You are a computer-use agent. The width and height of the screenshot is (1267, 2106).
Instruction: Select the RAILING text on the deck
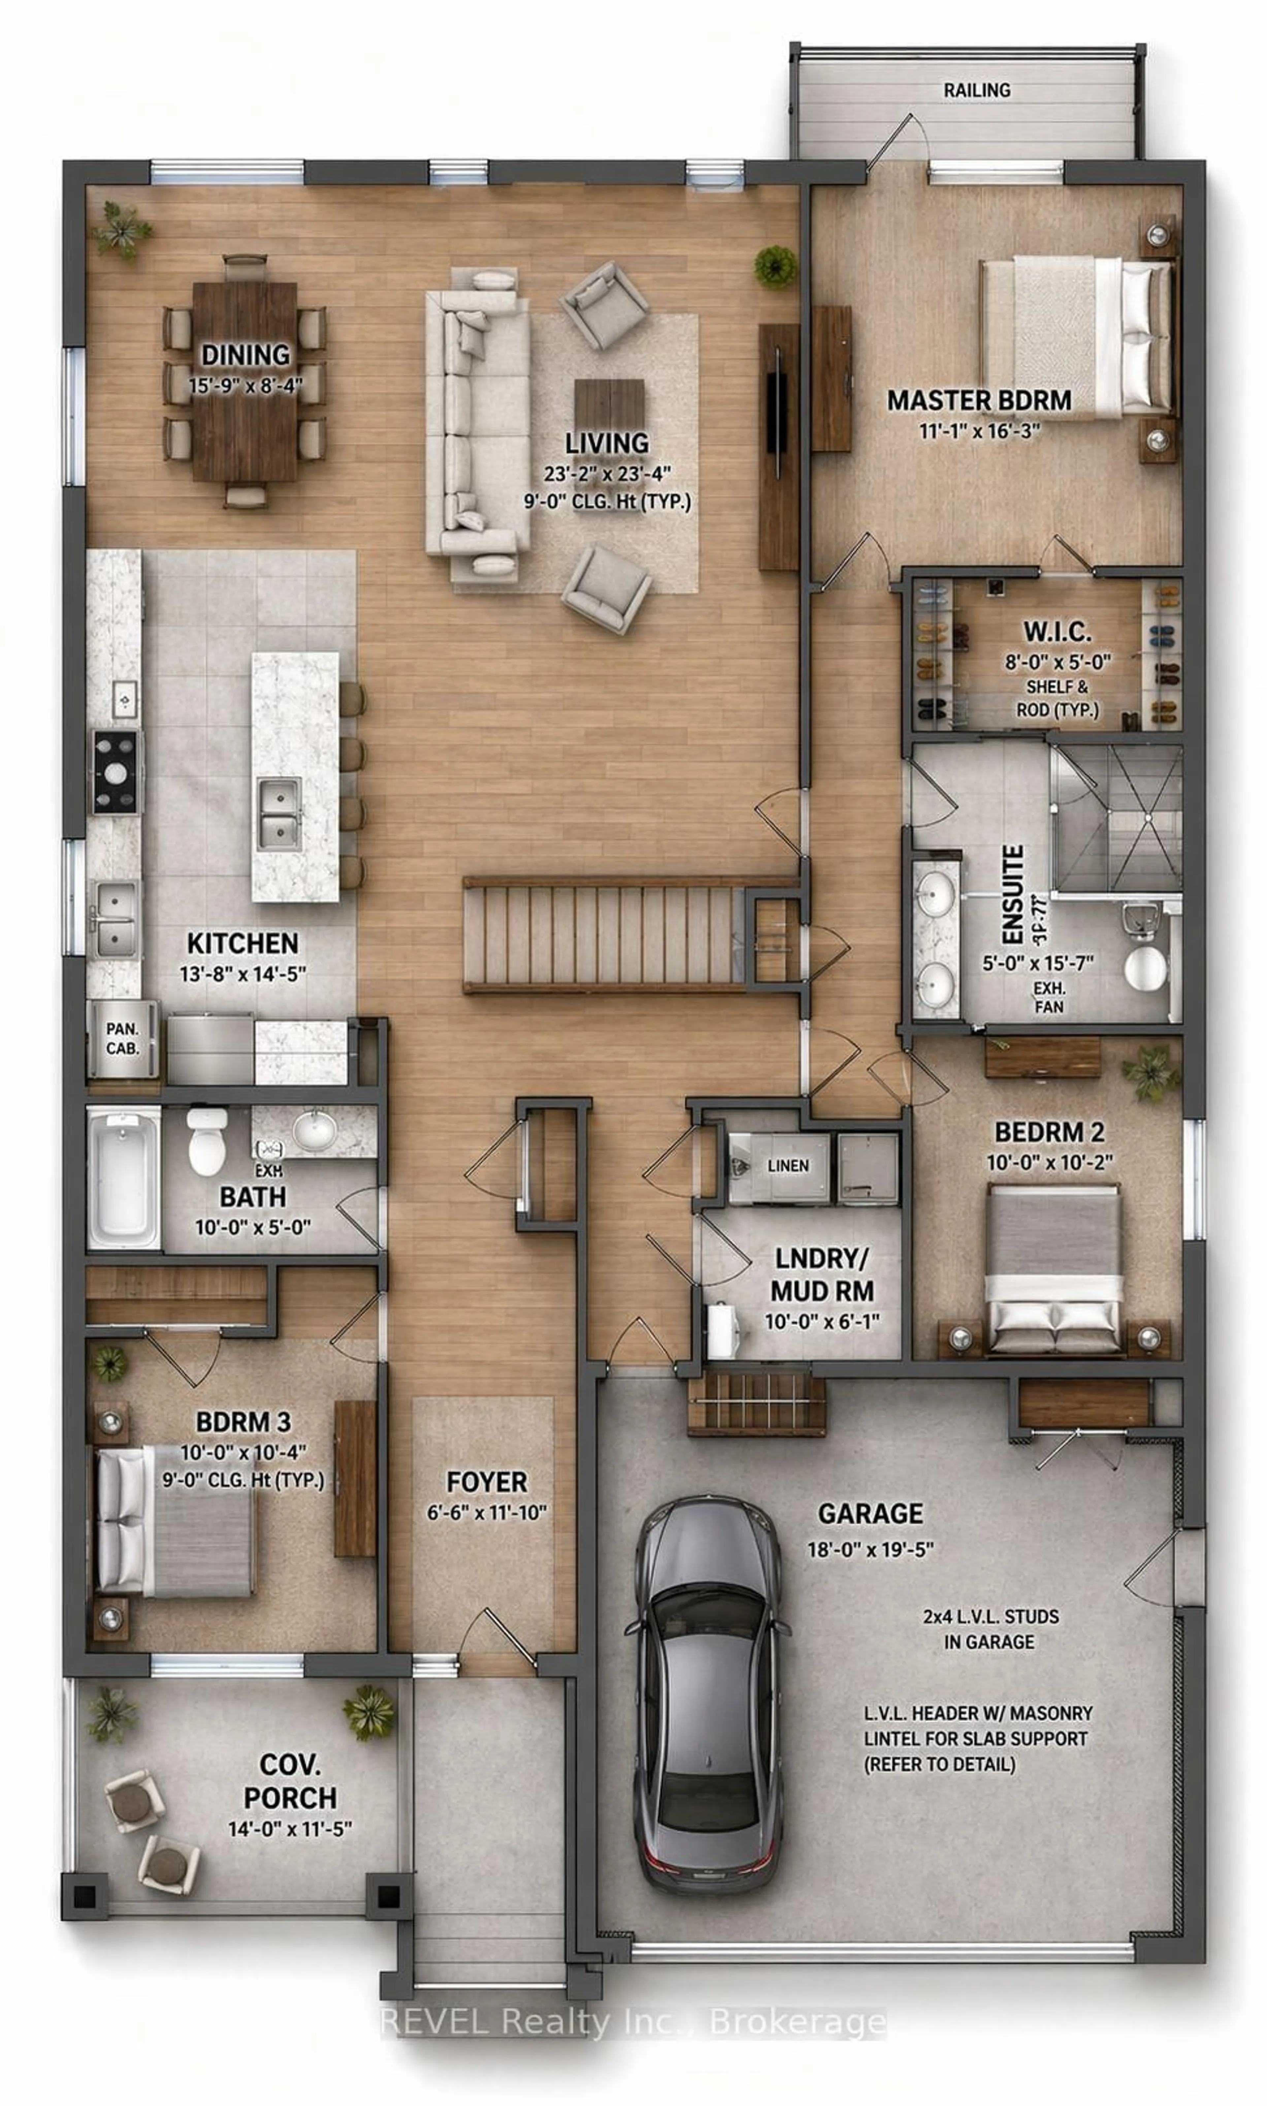point(977,90)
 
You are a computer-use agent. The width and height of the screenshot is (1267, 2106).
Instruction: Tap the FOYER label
point(487,1481)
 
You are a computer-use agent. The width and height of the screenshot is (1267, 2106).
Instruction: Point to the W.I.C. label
point(1057,633)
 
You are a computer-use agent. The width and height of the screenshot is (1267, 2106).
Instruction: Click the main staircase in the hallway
point(598,936)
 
